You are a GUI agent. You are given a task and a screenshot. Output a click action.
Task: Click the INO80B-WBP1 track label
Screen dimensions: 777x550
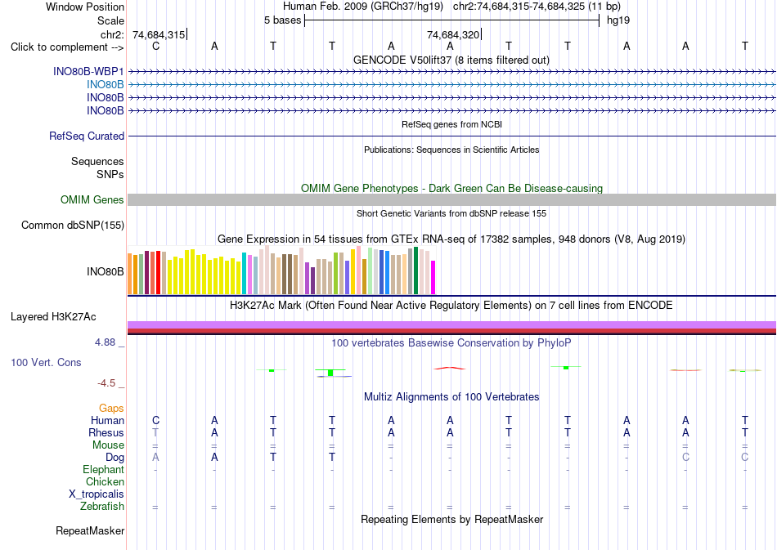[x=88, y=72]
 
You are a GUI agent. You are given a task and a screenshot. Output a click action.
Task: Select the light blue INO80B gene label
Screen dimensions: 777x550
[x=105, y=85]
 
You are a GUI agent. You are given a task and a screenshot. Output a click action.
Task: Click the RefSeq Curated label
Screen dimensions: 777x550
[x=87, y=136]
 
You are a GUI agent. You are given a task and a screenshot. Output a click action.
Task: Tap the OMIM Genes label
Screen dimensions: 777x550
[x=92, y=200]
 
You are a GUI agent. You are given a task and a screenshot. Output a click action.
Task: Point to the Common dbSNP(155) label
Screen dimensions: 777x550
[x=73, y=226]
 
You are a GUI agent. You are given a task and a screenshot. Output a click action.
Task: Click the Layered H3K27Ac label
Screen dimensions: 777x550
[x=53, y=317]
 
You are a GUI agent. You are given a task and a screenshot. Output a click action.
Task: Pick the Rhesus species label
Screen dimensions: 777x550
[x=106, y=432]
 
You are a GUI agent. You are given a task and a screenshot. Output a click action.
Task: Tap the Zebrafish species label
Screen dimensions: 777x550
[x=102, y=507]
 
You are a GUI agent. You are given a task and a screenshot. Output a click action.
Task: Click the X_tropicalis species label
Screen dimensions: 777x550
[x=97, y=494]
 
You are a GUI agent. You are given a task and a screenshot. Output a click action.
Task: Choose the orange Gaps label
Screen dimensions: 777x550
[x=111, y=409]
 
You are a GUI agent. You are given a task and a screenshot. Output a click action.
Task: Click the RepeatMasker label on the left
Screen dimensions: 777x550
[x=90, y=531]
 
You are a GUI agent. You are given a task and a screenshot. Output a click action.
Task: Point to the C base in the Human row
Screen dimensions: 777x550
[x=155, y=420]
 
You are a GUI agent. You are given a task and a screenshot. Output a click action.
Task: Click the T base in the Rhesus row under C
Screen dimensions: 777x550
[x=155, y=432]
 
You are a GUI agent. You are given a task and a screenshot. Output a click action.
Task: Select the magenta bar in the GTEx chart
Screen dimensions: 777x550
[x=433, y=278]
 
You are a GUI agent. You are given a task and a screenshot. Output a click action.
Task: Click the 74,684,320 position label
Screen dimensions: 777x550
[x=453, y=34]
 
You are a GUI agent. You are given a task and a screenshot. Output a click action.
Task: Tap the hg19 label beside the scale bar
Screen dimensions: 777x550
[x=618, y=20]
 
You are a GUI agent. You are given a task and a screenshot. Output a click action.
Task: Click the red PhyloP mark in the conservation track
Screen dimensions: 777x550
[x=450, y=369]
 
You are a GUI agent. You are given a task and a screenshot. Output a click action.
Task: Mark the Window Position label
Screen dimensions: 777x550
[x=85, y=7]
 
